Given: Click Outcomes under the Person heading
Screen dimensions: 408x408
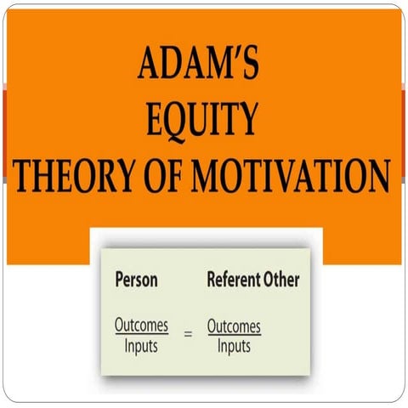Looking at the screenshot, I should [142, 326].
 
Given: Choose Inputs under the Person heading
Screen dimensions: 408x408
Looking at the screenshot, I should [142, 346].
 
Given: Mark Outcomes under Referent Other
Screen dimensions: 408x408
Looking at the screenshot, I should [234, 326].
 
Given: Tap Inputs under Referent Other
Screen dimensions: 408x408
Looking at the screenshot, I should [234, 346].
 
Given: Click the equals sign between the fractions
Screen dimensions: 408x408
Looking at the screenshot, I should [189, 336].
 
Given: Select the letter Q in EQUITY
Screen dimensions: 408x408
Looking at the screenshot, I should [184, 120].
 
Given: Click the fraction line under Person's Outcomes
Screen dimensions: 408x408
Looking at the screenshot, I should [142, 336].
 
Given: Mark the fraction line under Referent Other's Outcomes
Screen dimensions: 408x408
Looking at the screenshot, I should [234, 336].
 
